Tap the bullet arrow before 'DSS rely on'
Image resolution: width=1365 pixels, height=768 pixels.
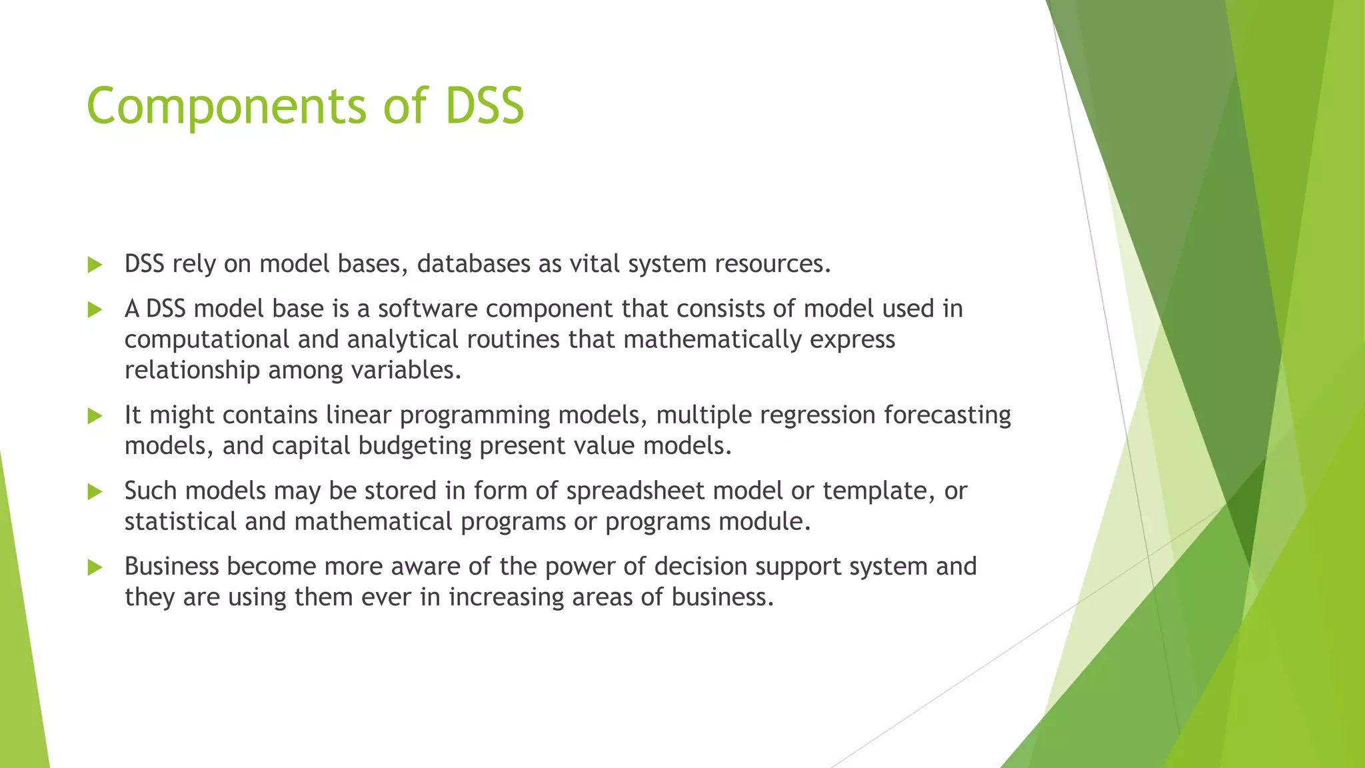coord(95,265)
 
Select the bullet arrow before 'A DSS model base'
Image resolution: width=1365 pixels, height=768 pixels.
coord(95,310)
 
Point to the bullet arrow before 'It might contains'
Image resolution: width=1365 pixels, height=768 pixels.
coord(95,417)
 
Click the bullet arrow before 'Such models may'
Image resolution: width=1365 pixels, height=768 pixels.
coord(95,492)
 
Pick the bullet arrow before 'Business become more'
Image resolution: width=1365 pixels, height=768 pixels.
coord(95,568)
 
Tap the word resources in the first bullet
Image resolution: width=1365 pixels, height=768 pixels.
coord(772,264)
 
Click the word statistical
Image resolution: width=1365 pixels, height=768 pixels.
coord(181,521)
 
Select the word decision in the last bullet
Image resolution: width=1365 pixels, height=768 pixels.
coord(700,567)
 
